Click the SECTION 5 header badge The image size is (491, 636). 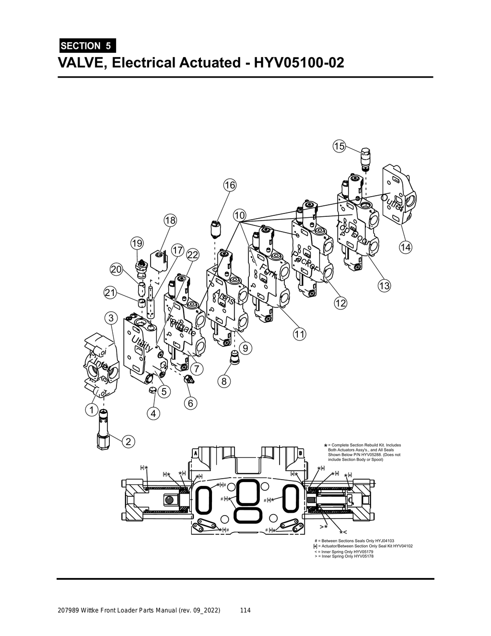point(86,46)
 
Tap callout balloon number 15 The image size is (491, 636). point(339,146)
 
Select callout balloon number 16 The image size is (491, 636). point(230,185)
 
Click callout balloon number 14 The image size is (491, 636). point(406,247)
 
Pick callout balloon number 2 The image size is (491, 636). point(128,441)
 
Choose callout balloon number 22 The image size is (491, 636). point(193,255)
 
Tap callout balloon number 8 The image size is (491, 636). point(224,381)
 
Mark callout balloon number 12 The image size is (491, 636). point(340,303)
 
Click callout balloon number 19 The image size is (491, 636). point(137,243)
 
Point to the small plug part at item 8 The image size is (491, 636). point(234,357)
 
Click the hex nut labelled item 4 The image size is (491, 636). point(150,389)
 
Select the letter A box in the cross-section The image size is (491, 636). point(196,453)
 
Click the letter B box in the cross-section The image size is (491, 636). point(300,453)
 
